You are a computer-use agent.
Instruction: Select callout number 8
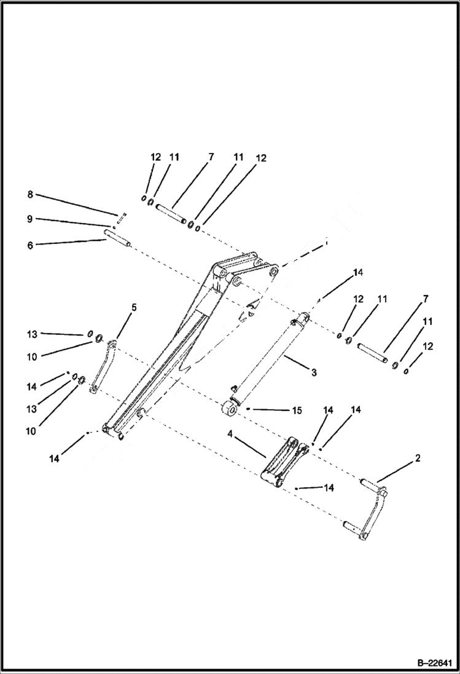30,195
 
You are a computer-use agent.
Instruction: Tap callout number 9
30,219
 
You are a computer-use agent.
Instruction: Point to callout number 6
30,244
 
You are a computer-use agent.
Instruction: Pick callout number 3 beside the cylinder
313,372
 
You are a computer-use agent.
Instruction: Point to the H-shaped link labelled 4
283,464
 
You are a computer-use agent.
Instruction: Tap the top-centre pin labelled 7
171,216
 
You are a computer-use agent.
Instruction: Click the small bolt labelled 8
122,215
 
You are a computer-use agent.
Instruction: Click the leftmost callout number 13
33,334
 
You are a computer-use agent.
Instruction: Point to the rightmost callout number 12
428,347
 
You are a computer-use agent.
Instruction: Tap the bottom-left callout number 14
55,458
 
